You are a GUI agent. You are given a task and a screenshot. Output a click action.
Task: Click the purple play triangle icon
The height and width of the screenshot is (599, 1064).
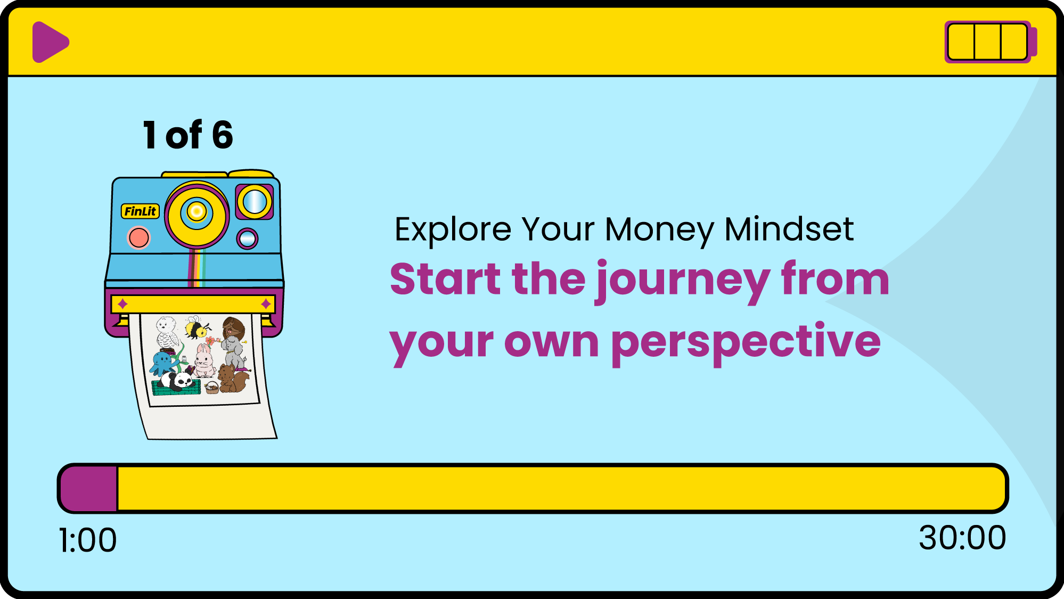[50, 42]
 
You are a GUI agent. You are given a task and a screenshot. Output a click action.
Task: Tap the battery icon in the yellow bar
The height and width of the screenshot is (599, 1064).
[991, 42]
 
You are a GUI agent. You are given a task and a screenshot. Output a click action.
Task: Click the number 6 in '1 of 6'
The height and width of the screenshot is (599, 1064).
[223, 135]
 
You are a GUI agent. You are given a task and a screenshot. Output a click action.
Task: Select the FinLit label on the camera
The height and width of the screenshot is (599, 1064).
[141, 211]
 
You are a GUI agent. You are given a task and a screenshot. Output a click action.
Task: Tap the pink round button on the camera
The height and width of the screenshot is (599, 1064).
[139, 237]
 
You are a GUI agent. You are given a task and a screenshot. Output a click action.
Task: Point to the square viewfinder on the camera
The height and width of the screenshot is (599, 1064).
[255, 202]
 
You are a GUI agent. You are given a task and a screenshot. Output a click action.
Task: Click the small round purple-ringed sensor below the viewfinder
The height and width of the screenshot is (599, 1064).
[247, 239]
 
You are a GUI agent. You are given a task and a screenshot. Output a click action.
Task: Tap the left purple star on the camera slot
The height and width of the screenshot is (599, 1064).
[122, 304]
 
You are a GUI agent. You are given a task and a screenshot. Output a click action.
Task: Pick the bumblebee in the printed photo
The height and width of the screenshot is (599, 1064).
[197, 328]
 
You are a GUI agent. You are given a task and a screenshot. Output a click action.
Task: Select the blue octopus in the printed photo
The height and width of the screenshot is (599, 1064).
[162, 364]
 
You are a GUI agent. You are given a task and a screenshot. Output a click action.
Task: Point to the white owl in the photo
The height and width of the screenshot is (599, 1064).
[167, 332]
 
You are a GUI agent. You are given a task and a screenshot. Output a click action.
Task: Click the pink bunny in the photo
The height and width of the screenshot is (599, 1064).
[204, 360]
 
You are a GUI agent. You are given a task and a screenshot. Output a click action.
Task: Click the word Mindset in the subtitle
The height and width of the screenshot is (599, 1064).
[789, 229]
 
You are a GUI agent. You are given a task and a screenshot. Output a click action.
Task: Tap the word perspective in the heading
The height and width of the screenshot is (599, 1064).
[746, 344]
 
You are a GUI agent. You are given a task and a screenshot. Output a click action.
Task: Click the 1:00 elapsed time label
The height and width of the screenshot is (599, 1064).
[88, 540]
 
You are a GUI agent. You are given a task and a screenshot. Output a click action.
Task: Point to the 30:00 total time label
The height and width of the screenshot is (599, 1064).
[962, 538]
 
